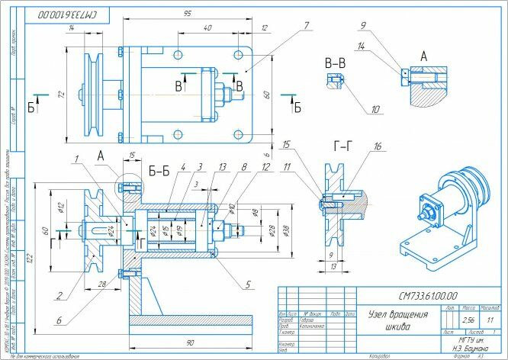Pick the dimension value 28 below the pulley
click(x=101, y=284)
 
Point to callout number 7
click(x=305, y=25)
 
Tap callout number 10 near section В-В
click(x=375, y=109)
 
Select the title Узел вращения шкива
click(x=393, y=320)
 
